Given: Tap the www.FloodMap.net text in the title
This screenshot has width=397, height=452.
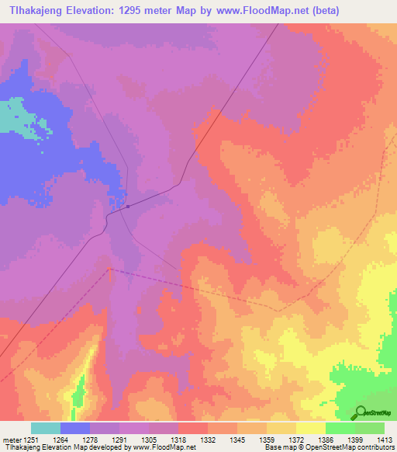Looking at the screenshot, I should click(249, 10).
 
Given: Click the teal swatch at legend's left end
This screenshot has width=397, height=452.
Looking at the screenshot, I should click(46, 428).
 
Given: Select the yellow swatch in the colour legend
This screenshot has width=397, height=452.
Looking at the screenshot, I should click(311, 428).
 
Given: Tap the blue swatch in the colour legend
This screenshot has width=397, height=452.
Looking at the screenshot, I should click(75, 428).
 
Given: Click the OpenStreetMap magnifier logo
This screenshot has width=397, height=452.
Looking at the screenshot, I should click(361, 412).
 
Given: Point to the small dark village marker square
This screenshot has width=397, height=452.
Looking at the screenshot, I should click(128, 206).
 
